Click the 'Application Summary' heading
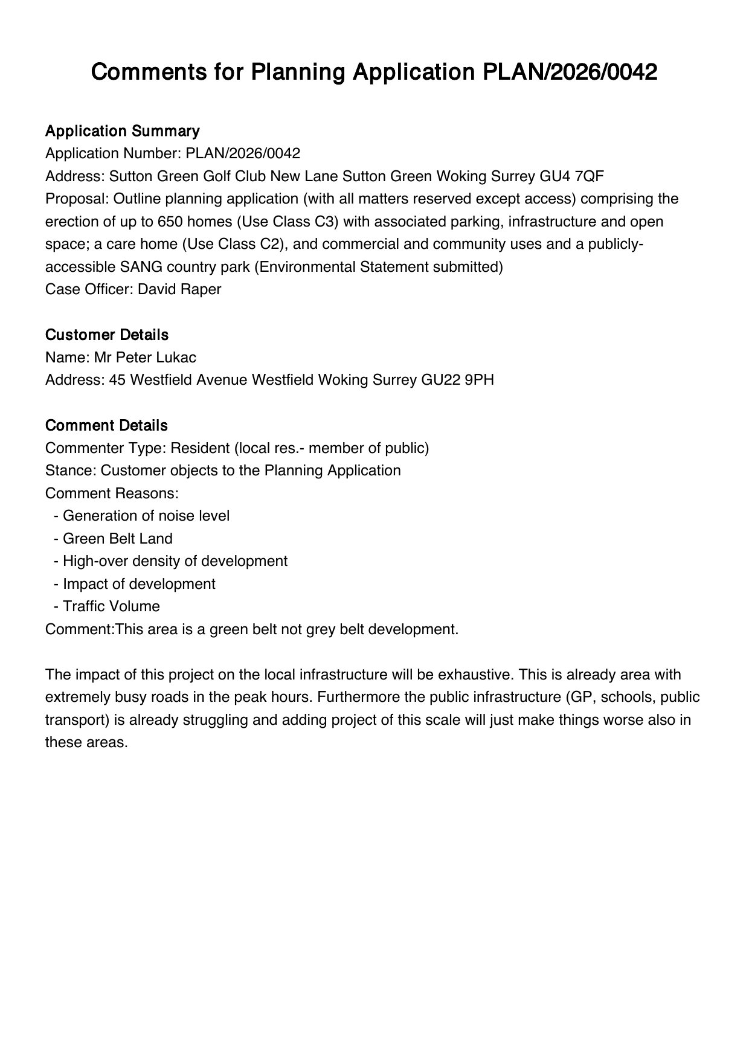click(122, 131)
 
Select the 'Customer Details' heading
click(107, 335)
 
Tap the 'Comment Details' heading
click(106, 425)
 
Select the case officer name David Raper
click(179, 289)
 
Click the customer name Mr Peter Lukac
click(145, 358)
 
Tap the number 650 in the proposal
click(170, 222)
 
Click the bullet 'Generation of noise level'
click(146, 516)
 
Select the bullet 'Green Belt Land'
click(117, 539)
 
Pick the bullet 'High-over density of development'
click(175, 561)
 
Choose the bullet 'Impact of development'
click(139, 584)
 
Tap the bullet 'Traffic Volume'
click(111, 606)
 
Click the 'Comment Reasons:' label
click(112, 493)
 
